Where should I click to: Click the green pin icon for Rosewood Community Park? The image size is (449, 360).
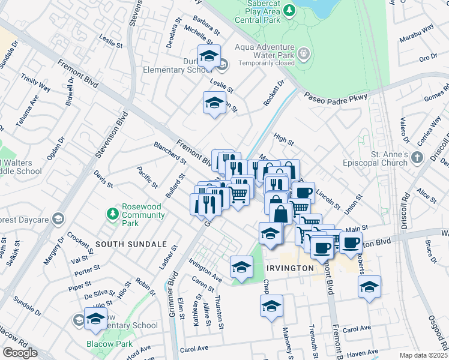pos(112,214)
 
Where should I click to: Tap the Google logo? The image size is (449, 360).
pos(20,353)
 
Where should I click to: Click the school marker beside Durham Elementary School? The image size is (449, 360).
pos(209,56)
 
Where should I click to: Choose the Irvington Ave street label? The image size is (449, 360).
pos(205,269)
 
